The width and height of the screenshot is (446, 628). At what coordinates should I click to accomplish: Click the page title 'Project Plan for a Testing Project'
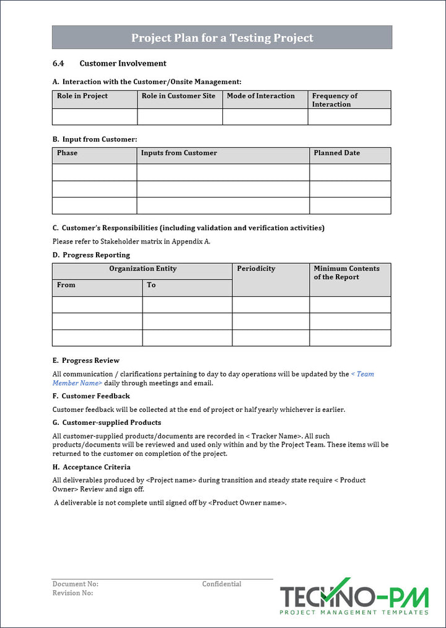click(222, 38)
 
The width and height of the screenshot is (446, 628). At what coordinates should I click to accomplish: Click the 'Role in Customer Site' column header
click(178, 96)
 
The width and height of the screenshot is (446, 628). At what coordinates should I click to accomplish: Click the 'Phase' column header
click(68, 153)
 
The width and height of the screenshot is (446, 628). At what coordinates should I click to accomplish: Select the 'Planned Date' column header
click(336, 153)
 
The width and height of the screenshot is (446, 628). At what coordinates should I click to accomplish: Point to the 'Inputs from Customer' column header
click(179, 153)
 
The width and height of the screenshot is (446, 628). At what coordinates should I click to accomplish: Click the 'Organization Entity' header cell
click(142, 269)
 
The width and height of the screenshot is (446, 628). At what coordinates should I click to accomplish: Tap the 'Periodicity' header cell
click(256, 269)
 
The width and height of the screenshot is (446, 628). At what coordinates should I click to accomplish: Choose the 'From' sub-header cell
click(66, 285)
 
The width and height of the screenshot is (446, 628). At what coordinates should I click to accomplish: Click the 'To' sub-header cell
click(151, 285)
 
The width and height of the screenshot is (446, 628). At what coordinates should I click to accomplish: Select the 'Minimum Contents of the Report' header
click(346, 273)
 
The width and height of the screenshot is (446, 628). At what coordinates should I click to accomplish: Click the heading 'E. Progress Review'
click(86, 360)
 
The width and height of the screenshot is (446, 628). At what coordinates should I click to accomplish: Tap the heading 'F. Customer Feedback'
click(91, 396)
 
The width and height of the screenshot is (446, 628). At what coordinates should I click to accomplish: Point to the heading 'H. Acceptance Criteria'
click(92, 467)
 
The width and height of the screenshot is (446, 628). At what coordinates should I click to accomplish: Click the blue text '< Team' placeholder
click(362, 374)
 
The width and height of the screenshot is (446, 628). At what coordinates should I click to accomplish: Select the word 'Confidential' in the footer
click(222, 584)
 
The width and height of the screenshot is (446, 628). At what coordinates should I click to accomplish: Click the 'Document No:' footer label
click(76, 584)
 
